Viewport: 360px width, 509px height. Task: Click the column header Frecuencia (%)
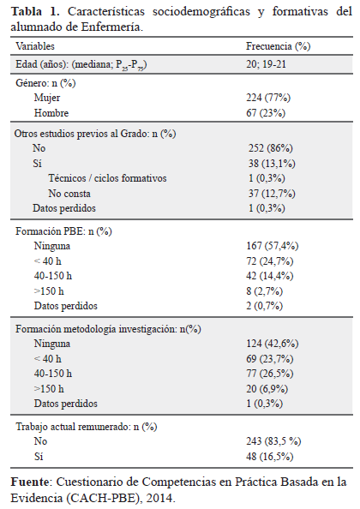279,46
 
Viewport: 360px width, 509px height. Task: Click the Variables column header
35,46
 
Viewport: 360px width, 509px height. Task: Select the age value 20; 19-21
266,64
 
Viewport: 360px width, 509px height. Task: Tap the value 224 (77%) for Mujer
268,98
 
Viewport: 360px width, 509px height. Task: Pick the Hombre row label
51,113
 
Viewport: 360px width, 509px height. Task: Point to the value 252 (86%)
271,148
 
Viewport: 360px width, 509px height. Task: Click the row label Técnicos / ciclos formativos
107,178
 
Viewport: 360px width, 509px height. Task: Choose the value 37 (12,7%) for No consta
272,194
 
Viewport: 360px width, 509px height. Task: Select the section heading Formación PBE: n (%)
63,231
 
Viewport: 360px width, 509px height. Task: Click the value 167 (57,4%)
273,246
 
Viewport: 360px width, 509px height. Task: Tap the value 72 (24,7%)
270,261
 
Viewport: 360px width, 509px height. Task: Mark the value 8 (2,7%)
265,290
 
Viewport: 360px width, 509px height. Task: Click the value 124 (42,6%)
273,344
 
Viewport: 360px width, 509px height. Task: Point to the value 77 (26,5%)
270,374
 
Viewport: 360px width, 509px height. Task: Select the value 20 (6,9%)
267,388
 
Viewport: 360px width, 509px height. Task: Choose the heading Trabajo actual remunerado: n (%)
87,427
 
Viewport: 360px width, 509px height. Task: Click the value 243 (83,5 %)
273,441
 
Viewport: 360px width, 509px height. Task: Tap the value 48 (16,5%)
270,457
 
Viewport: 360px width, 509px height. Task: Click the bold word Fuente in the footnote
29,482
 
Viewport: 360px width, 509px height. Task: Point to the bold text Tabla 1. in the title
35,12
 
